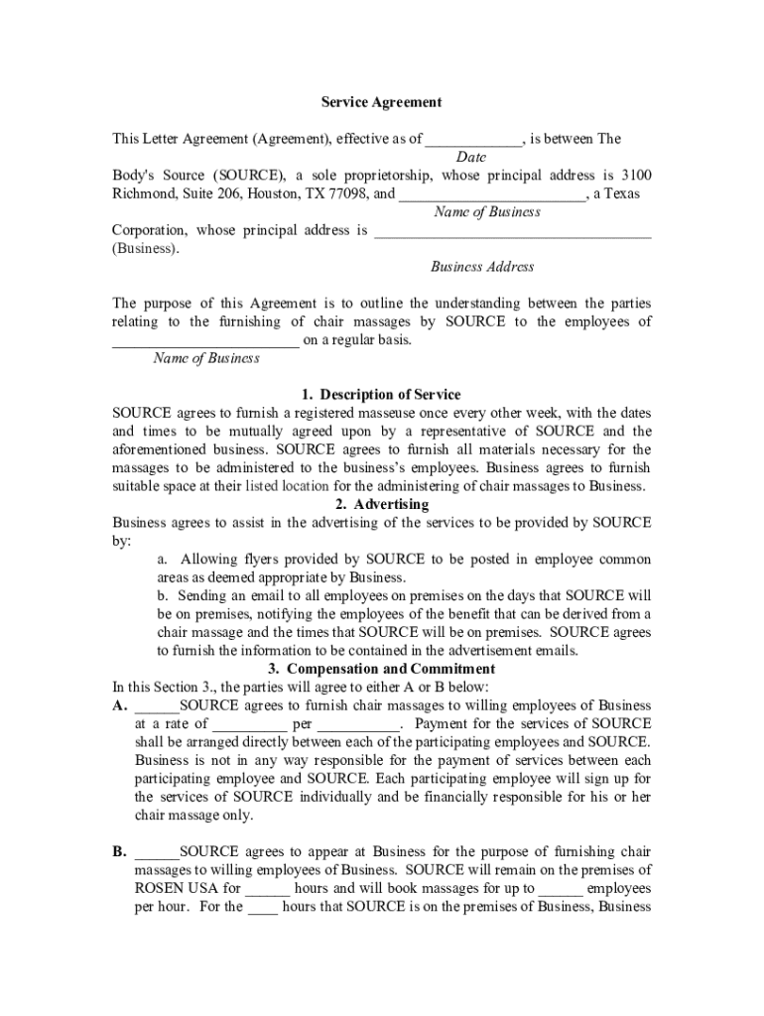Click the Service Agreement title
pos(381,102)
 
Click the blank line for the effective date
pos(473,141)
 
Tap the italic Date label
pos(470,158)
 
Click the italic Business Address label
pos(481,267)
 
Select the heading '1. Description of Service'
pos(381,395)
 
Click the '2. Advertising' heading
pos(381,504)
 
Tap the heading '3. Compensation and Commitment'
pos(381,669)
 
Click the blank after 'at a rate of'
pos(250,724)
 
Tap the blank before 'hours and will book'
pos(267,888)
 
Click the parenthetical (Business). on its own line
pos(147,249)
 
